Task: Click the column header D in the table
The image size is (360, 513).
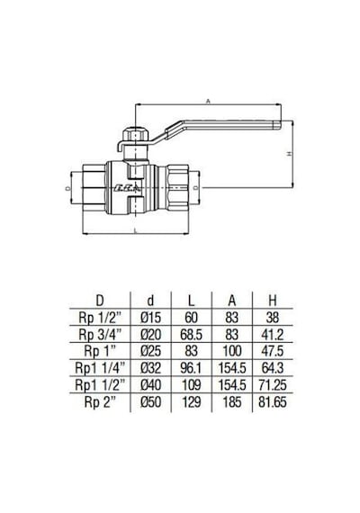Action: [100, 301]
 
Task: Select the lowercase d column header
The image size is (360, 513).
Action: [150, 301]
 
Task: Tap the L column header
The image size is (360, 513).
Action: [192, 301]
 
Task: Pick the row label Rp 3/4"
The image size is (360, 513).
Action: [100, 335]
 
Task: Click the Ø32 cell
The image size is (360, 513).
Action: [150, 368]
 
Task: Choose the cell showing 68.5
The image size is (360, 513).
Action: [192, 335]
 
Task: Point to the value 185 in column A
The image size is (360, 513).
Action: [232, 401]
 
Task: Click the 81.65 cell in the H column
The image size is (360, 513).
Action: [273, 401]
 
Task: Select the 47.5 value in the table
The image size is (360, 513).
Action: [273, 351]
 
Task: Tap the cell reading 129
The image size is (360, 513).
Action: [192, 401]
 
